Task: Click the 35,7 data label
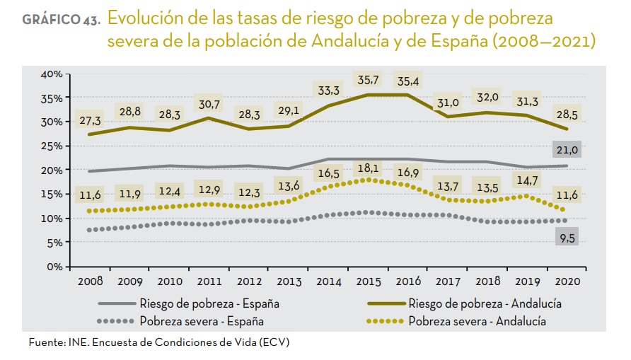368,79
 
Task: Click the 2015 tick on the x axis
367,280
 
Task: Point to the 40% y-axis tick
52,74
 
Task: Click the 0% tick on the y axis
56,267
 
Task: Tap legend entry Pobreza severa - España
202,322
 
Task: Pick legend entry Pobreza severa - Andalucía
478,322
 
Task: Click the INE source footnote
159,343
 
